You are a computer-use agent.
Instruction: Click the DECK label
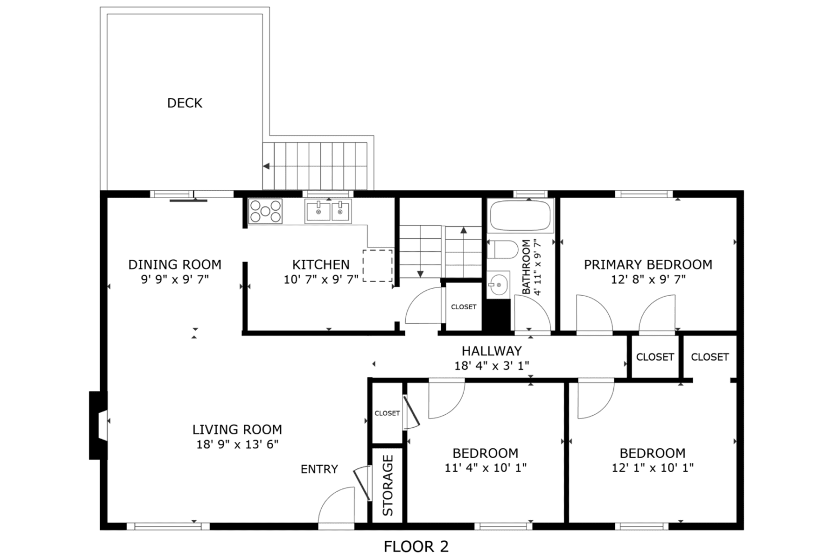click(x=184, y=103)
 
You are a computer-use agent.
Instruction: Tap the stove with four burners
click(x=265, y=211)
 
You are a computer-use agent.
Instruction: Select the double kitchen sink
click(x=328, y=211)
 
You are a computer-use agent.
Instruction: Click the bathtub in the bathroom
click(x=521, y=216)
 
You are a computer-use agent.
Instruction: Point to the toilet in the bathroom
click(x=502, y=250)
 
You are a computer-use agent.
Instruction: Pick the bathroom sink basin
click(x=498, y=284)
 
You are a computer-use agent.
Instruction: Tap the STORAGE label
click(x=388, y=485)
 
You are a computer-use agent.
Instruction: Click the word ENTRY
click(x=319, y=469)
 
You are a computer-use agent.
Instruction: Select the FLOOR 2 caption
click(x=416, y=546)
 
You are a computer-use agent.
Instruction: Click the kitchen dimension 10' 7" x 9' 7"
click(x=321, y=279)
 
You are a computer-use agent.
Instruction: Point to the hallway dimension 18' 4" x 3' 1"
click(x=491, y=365)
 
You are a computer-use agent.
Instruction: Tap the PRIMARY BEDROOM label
click(x=648, y=265)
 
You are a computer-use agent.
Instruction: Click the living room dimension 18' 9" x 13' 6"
click(x=237, y=444)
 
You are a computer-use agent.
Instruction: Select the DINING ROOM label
click(x=174, y=265)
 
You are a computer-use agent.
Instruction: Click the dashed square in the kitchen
click(x=378, y=265)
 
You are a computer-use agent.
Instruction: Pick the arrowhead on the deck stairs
click(x=266, y=166)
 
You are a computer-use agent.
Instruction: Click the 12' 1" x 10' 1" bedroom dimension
click(x=652, y=467)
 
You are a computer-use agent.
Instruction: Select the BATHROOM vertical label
click(x=526, y=267)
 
